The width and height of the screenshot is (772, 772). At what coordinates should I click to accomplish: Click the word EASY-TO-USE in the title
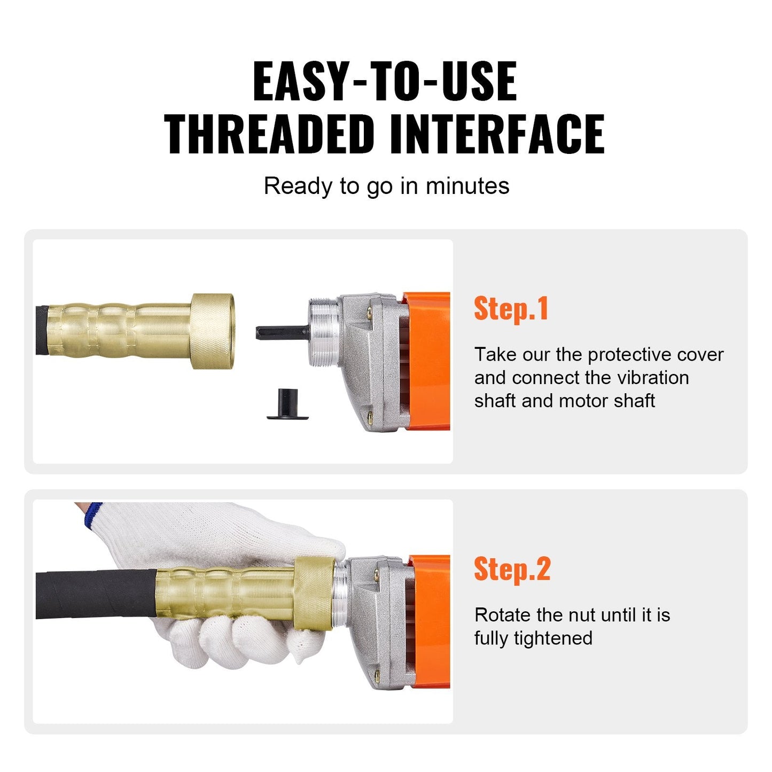click(x=385, y=81)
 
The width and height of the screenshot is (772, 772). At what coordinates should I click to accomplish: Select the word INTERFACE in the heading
click(x=497, y=134)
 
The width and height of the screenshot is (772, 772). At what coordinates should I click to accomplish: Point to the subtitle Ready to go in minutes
click(x=386, y=186)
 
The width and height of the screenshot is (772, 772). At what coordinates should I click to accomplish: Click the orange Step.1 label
click(x=511, y=309)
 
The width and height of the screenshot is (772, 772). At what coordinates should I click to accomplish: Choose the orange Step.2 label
click(x=512, y=569)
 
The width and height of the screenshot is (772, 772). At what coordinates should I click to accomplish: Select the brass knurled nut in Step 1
click(x=213, y=331)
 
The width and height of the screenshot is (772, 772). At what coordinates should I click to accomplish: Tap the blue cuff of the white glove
click(x=92, y=515)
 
